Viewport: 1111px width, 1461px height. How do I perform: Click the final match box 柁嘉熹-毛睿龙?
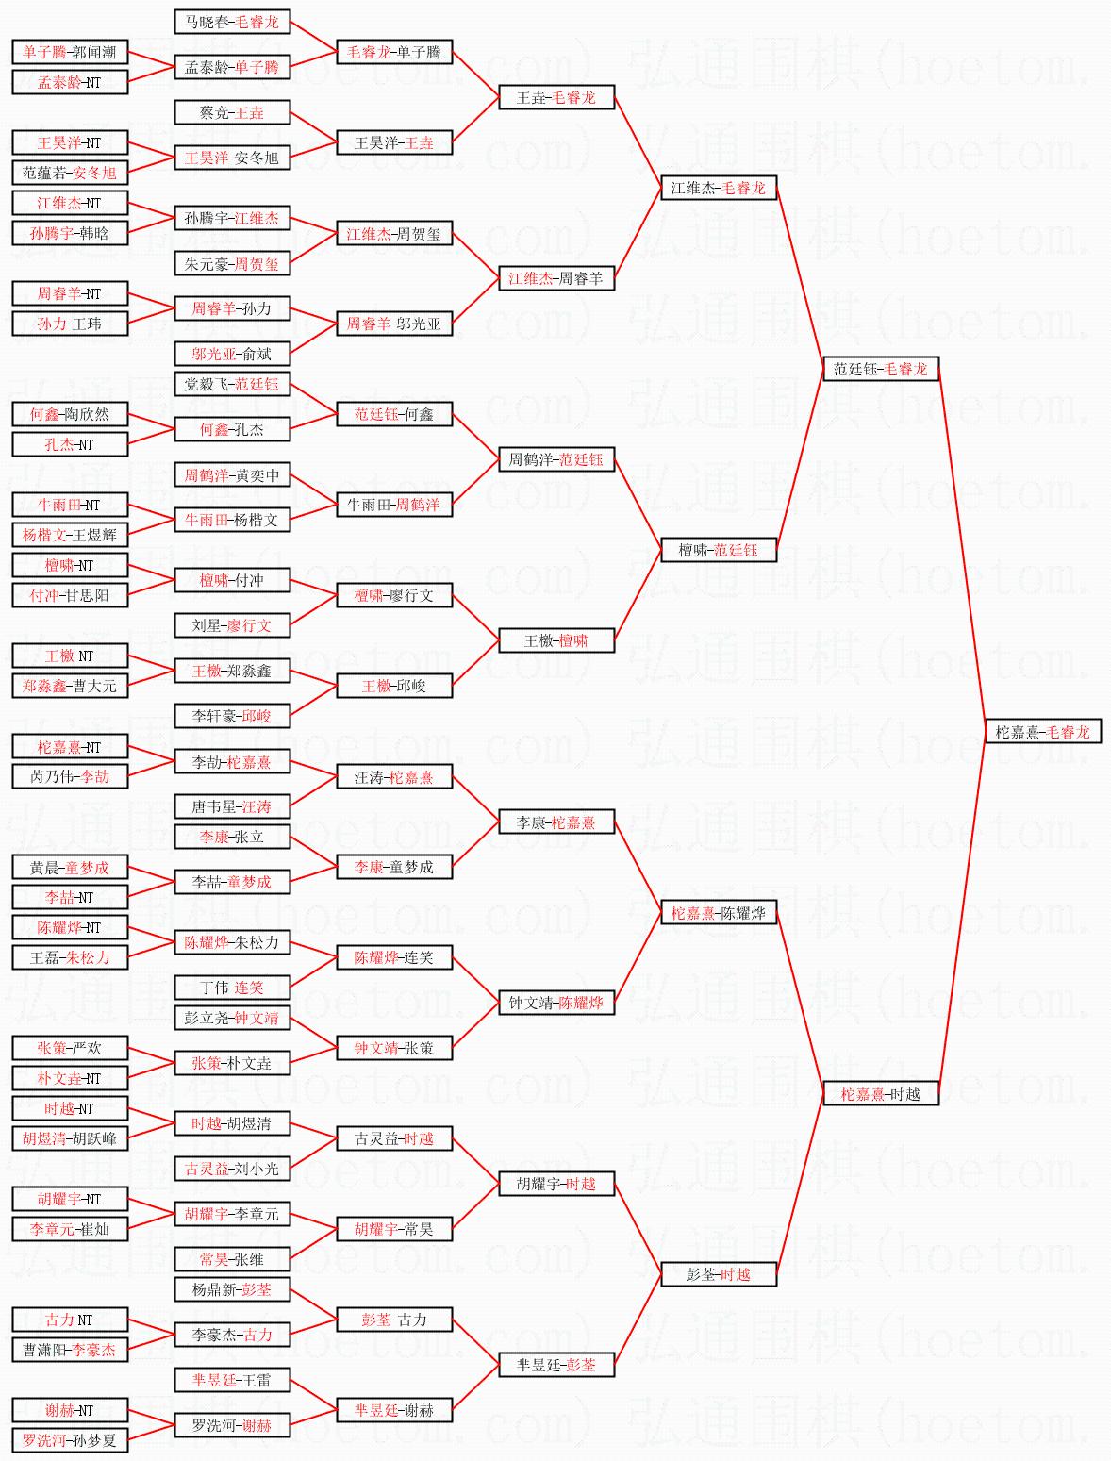pyautogui.click(x=1042, y=732)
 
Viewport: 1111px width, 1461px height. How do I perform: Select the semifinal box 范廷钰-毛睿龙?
pyautogui.click(x=880, y=369)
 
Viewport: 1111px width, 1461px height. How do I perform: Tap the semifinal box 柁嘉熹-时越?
pyautogui.click(x=880, y=1094)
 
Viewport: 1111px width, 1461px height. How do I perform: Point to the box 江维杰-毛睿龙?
pyautogui.click(x=718, y=188)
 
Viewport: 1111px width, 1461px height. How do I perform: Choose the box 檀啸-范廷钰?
pyautogui.click(x=718, y=550)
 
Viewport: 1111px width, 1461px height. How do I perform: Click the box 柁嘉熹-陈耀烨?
pyautogui.click(x=718, y=913)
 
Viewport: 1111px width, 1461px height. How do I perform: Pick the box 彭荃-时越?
pyautogui.click(x=718, y=1274)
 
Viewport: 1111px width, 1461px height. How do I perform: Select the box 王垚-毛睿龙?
pyautogui.click(x=555, y=97)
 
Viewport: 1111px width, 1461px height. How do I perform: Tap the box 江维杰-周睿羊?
pyautogui.click(x=555, y=278)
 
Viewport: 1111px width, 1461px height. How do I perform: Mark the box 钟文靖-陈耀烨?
pyautogui.click(x=555, y=1003)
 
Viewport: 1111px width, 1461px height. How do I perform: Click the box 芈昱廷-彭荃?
pyautogui.click(x=555, y=1365)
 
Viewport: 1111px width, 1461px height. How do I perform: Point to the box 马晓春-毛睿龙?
pyautogui.click(x=232, y=22)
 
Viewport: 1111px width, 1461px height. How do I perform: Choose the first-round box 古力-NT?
pyautogui.click(x=70, y=1320)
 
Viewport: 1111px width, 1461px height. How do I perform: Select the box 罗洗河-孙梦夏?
pyautogui.click(x=70, y=1440)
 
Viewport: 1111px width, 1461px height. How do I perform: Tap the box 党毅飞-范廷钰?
pyautogui.click(x=232, y=384)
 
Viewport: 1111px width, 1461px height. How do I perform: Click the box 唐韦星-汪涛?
pyautogui.click(x=232, y=806)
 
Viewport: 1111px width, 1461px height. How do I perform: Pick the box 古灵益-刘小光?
pyautogui.click(x=232, y=1169)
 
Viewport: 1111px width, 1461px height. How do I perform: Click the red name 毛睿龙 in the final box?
pyautogui.click(x=1068, y=732)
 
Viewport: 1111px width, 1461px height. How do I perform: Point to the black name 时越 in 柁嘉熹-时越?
pyautogui.click(x=904, y=1094)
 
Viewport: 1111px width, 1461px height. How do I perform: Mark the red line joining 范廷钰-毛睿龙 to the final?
pyautogui.click(x=960, y=547)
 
